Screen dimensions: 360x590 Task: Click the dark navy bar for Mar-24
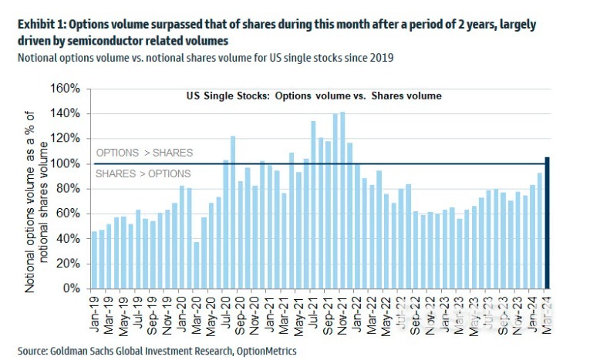[547, 223]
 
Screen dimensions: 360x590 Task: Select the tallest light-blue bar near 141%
[342, 200]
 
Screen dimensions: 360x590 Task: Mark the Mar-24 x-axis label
[547, 314]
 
